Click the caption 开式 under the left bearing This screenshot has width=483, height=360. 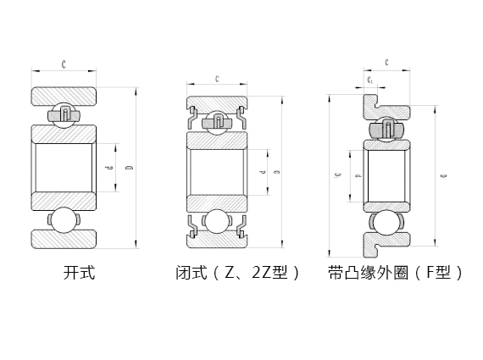[80, 274]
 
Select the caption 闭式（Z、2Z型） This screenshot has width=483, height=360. [237, 274]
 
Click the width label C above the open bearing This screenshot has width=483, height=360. [64, 64]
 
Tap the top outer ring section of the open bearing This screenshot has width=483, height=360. [64, 96]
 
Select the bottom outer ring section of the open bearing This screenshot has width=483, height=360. [64, 240]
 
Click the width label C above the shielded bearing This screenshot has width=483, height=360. [217, 79]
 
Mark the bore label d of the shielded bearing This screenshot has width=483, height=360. [263, 173]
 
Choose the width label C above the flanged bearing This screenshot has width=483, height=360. [386, 63]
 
